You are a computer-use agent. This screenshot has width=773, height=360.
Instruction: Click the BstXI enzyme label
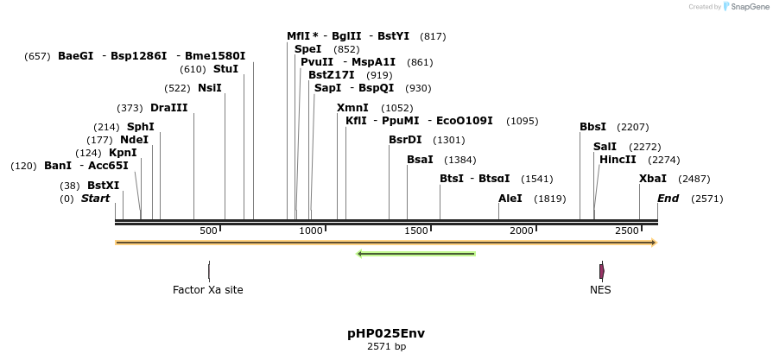(x=103, y=186)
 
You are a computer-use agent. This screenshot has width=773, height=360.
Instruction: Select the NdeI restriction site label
(x=134, y=140)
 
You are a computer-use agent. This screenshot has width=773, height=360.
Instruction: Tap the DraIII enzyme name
(x=168, y=108)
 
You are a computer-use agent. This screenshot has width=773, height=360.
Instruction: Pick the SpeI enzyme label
(x=307, y=49)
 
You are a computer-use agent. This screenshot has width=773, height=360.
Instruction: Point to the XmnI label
(x=352, y=108)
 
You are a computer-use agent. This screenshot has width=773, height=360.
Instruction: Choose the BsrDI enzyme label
(x=405, y=140)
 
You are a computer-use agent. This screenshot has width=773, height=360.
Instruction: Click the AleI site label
(x=510, y=199)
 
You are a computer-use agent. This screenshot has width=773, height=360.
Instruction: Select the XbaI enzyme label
(x=652, y=179)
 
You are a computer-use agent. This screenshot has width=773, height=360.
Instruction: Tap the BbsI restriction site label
(x=592, y=127)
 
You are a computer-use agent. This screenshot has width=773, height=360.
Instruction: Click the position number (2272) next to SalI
(x=644, y=147)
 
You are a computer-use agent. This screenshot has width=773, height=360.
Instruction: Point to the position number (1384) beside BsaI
(x=459, y=160)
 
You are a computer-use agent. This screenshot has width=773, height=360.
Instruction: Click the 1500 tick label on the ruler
(x=416, y=231)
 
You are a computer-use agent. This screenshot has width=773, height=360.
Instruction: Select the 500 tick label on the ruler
(x=208, y=231)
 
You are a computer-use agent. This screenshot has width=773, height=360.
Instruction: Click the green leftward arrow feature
(x=416, y=254)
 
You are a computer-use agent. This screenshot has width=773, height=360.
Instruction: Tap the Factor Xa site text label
(x=207, y=290)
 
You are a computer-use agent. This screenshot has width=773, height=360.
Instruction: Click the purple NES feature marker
(x=601, y=270)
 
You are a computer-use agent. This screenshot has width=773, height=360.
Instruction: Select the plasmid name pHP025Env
(x=385, y=333)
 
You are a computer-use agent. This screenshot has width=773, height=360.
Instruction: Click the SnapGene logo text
(x=748, y=7)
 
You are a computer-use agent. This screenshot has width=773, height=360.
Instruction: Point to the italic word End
(x=668, y=199)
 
